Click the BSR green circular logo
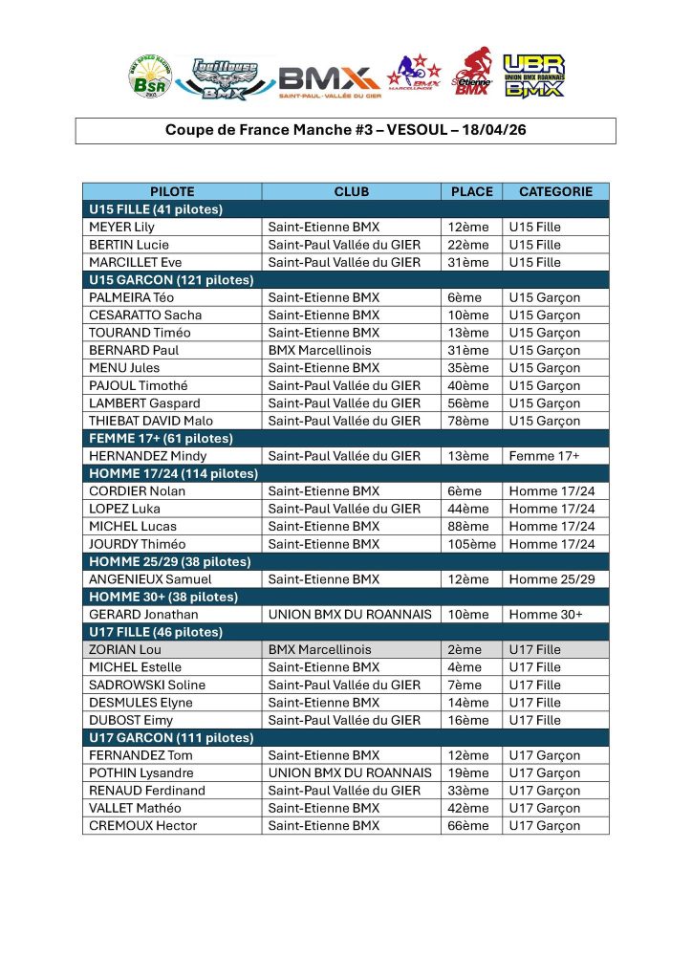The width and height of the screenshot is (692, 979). click(151, 76)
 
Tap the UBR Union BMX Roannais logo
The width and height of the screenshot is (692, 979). click(533, 76)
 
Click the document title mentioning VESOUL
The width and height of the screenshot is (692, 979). click(345, 130)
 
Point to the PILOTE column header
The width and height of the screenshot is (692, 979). click(172, 191)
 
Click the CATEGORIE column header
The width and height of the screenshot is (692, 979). click(555, 191)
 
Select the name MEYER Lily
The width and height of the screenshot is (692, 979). click(121, 228)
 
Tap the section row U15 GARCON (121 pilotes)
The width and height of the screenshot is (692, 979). click(172, 280)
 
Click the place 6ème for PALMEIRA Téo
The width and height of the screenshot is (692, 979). click(465, 297)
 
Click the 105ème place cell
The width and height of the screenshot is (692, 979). click(472, 544)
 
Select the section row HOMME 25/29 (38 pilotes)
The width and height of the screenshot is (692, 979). click(170, 561)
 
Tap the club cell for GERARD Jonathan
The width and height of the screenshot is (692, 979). click(350, 614)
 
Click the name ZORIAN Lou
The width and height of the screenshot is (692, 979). click(126, 649)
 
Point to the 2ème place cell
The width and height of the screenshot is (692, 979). click(465, 649)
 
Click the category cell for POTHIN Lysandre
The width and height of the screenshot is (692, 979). click(544, 772)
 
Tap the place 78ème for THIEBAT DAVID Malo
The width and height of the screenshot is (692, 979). click(467, 421)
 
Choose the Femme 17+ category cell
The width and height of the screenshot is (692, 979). click(544, 456)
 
